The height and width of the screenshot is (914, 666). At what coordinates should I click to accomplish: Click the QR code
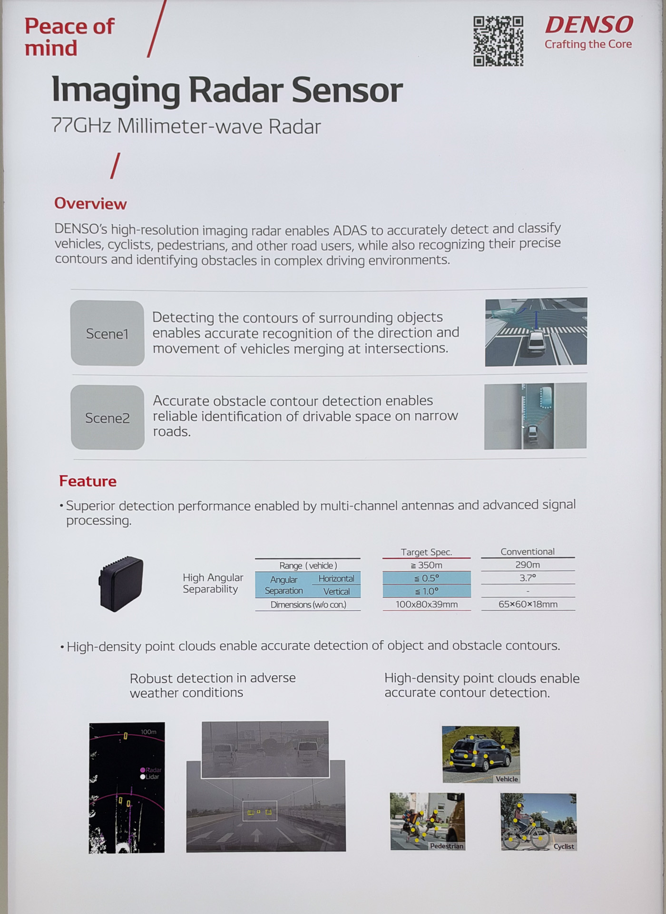(498, 41)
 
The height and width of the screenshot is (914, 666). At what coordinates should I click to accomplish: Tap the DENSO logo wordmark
(589, 25)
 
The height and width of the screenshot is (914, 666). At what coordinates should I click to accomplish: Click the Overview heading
(90, 203)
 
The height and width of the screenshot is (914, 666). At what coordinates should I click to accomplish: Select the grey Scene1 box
(108, 333)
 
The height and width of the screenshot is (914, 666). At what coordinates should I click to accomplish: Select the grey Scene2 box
(108, 417)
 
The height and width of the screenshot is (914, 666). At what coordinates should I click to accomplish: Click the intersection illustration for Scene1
(536, 332)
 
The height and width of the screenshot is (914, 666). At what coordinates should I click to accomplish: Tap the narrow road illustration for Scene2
(535, 416)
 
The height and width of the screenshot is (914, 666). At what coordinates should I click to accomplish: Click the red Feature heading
(88, 481)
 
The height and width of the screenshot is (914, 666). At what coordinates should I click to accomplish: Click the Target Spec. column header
(426, 552)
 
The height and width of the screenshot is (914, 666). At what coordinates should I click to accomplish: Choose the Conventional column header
(528, 551)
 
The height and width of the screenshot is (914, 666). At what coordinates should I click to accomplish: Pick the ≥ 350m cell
(427, 565)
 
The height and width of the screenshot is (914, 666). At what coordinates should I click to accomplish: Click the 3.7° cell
(528, 578)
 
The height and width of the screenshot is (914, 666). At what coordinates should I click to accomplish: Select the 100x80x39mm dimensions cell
(427, 604)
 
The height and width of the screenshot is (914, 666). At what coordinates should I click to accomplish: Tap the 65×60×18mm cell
(528, 604)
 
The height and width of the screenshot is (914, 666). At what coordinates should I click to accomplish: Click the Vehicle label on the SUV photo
(507, 779)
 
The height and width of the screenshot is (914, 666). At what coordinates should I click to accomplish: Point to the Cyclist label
(564, 846)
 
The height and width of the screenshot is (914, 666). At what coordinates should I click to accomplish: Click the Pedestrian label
(446, 846)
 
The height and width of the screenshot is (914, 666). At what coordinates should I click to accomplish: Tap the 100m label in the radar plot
(148, 732)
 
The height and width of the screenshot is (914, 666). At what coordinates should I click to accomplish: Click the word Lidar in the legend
(152, 777)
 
